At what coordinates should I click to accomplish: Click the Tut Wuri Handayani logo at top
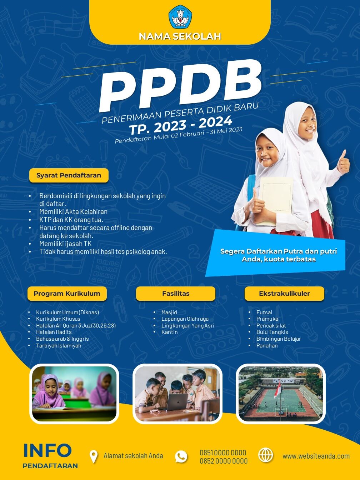tap(180, 17)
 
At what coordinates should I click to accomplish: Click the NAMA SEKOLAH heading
tap(180, 36)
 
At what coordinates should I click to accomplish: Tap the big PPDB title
tap(180, 85)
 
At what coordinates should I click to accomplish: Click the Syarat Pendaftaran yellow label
tap(69, 175)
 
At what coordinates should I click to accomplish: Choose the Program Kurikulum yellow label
tap(67, 294)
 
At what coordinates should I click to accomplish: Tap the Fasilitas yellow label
tap(176, 294)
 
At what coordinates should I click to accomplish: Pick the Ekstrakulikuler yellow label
tap(284, 294)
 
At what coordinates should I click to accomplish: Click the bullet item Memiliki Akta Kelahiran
tap(74, 212)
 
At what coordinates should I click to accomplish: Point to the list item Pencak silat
tap(271, 325)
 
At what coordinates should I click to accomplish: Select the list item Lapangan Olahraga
tap(185, 319)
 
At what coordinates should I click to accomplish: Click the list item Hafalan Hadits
tap(54, 332)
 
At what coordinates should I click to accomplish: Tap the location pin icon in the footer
tap(94, 457)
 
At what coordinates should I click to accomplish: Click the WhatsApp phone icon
tap(181, 456)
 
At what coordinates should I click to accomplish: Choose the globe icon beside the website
tap(266, 455)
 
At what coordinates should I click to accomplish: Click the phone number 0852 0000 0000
tap(224, 461)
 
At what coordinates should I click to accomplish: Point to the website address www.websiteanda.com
tap(316, 456)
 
